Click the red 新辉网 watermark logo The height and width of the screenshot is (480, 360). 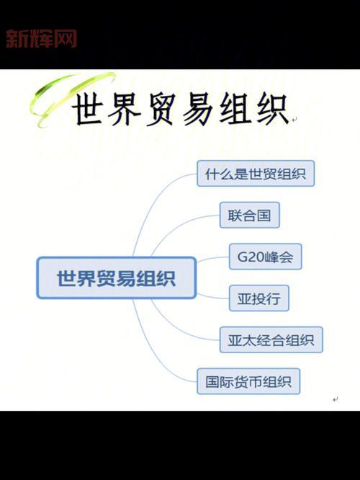41,38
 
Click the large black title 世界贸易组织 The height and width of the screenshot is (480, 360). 179,110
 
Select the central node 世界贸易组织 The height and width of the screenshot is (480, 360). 116,277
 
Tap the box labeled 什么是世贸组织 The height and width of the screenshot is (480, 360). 256,174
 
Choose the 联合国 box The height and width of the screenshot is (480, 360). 249,215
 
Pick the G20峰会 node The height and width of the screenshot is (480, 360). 265,257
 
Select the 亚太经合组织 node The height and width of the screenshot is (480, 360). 271,339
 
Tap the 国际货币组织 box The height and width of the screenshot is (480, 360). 248,381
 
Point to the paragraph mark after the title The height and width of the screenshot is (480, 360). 294,120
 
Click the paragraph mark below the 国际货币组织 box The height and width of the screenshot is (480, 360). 336,399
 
